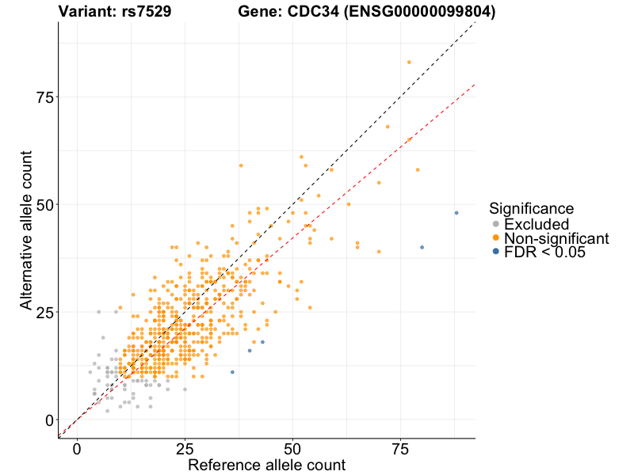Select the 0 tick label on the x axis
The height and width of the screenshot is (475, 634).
click(x=77, y=449)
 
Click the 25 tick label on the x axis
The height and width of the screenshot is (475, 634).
click(x=185, y=449)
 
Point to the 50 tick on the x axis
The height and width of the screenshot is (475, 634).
click(x=293, y=449)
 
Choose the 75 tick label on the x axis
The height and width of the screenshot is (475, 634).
click(x=401, y=449)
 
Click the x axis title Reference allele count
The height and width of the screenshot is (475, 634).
click(x=266, y=465)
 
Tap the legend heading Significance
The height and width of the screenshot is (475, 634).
click(x=531, y=208)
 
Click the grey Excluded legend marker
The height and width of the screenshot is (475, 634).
click(x=496, y=224)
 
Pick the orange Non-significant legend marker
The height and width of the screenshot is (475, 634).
click(x=496, y=238)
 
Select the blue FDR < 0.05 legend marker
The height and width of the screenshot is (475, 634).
click(x=496, y=252)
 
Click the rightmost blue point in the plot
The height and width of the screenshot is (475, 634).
click(x=456, y=213)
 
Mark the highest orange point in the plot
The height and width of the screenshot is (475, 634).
click(x=409, y=62)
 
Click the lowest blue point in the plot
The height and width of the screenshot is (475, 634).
click(x=232, y=372)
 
